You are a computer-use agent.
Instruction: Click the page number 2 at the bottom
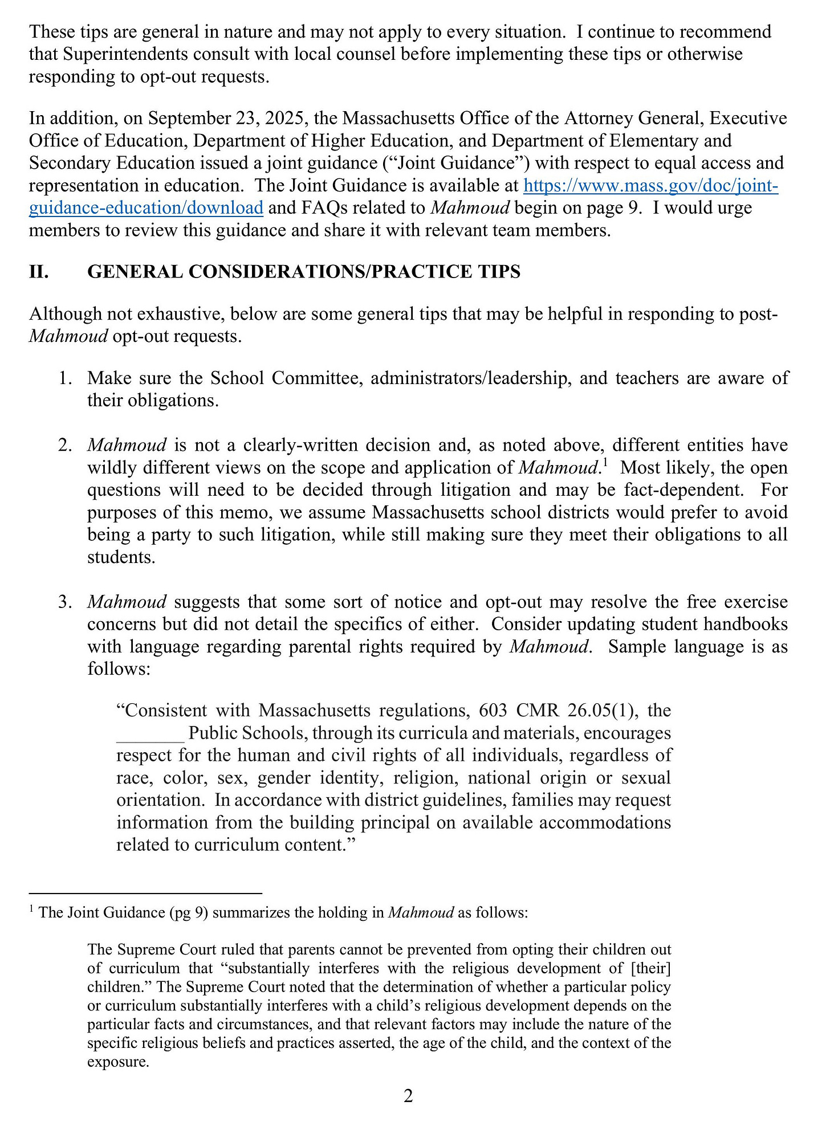(408, 1096)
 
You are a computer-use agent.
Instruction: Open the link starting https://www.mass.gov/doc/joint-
(650, 186)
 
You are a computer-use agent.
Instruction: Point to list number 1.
(64, 378)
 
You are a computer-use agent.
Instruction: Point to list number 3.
(64, 602)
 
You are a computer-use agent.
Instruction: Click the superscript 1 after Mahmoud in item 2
(604, 462)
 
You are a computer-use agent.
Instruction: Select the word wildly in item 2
(112, 468)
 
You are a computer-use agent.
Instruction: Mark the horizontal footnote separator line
(145, 892)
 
